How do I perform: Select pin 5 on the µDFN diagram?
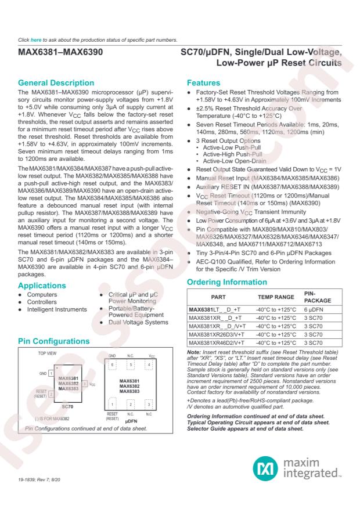130,365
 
